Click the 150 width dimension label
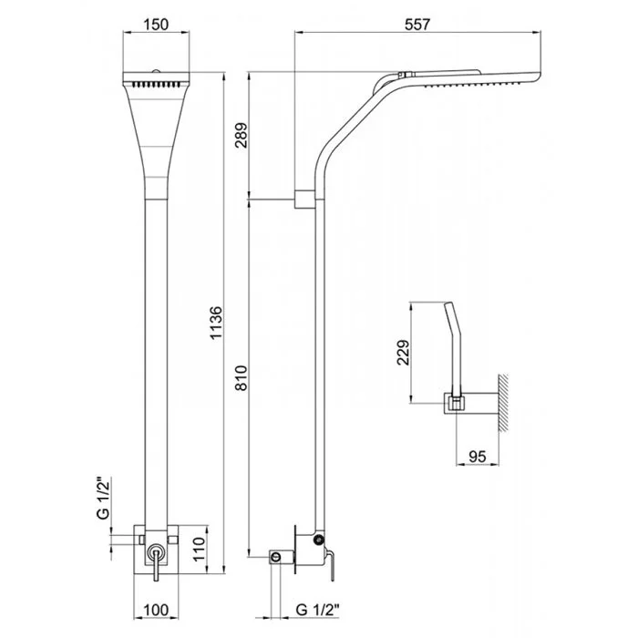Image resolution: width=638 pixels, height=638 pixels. [x=156, y=25]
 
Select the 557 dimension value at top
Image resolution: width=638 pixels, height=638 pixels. [x=417, y=25]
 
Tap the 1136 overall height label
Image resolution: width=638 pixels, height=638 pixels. [x=215, y=323]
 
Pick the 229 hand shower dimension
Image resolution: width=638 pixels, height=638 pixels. [x=403, y=353]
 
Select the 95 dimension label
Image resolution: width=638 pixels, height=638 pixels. [x=478, y=456]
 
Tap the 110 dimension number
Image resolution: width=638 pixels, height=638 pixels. [x=199, y=549]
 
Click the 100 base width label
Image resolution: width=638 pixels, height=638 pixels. [x=156, y=610]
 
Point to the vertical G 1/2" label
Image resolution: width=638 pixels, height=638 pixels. [x=104, y=499]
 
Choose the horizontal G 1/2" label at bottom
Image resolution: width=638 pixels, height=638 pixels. [x=318, y=610]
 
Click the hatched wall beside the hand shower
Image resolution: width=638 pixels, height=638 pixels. [x=503, y=402]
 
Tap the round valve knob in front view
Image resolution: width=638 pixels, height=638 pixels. [x=156, y=553]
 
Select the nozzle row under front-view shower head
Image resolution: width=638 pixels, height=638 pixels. [x=156, y=85]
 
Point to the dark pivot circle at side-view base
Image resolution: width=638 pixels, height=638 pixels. [x=319, y=540]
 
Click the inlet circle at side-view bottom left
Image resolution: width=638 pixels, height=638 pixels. [x=276, y=557]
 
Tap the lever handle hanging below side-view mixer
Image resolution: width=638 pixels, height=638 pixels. [x=331, y=565]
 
